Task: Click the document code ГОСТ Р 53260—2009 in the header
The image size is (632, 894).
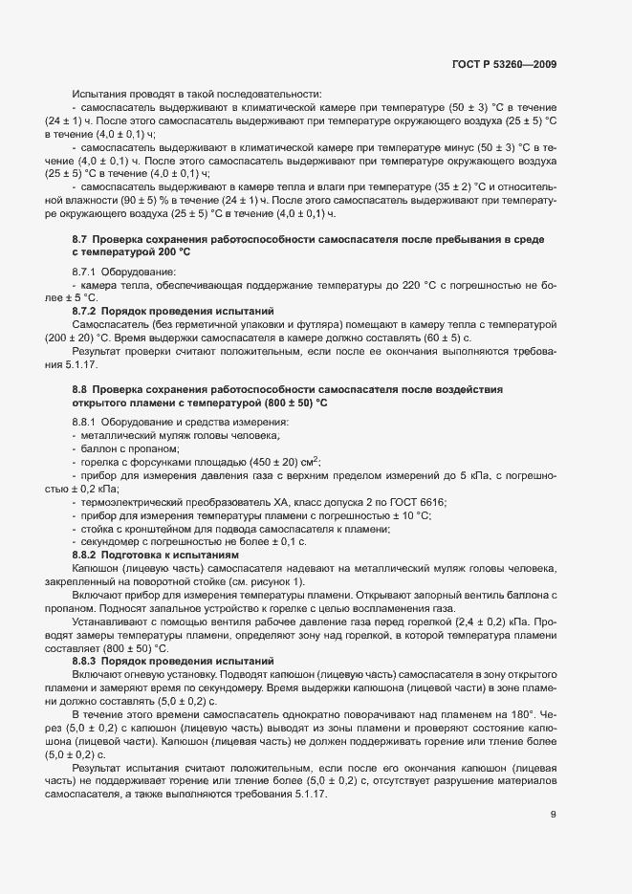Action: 504,64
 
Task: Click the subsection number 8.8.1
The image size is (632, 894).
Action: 86,422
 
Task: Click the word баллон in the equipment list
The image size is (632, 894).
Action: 99,448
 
